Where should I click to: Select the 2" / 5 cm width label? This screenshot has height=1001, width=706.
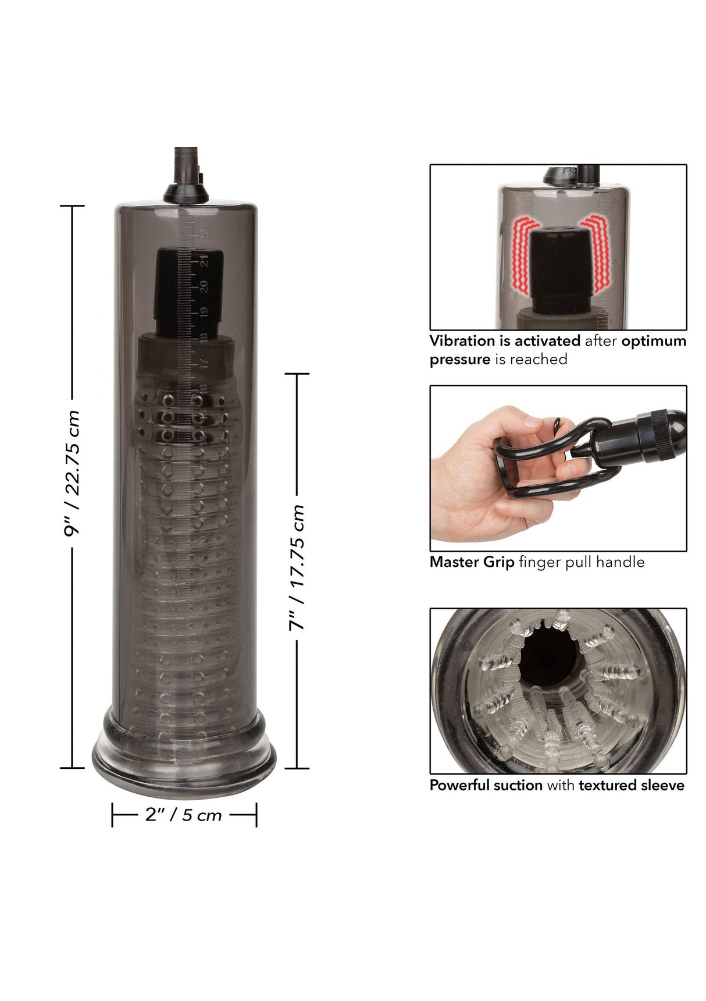[184, 815]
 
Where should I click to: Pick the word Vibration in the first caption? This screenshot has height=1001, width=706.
[463, 341]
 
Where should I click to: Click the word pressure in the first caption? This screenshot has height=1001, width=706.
[460, 359]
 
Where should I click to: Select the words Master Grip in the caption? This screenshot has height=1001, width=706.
[472, 562]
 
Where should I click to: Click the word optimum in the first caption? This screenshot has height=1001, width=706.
[654, 341]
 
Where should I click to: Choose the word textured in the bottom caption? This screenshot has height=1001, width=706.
[608, 785]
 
